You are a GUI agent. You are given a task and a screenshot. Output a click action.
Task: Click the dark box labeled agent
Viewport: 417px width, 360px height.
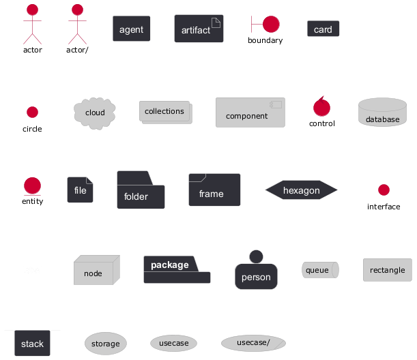pyautogui.click(x=131, y=29)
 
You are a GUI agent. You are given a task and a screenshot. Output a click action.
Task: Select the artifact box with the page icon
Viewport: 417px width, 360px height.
pyautogui.click(x=199, y=29)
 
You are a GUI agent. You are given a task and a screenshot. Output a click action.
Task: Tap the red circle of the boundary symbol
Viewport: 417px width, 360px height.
pyautogui.click(x=271, y=24)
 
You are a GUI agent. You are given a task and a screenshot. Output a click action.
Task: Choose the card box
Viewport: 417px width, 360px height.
pyautogui.click(x=323, y=29)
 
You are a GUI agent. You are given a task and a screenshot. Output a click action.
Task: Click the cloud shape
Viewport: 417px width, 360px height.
pyautogui.click(x=95, y=112)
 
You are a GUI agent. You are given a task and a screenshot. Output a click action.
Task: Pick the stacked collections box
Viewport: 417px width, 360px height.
pyautogui.click(x=165, y=112)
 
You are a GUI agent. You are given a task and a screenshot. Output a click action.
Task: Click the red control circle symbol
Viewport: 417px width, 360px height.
pyautogui.click(x=321, y=107)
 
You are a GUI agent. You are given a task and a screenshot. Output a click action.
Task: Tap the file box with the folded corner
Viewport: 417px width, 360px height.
pyautogui.click(x=80, y=190)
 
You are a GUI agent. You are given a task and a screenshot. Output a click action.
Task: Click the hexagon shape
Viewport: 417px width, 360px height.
pyautogui.click(x=301, y=191)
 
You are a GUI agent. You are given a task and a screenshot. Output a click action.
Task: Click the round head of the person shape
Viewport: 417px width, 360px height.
pyautogui.click(x=256, y=256)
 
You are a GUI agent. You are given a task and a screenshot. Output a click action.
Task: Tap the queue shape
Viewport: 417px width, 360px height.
pyautogui.click(x=319, y=270)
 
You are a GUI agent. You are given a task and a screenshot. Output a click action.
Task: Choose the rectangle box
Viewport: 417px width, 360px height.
pyautogui.click(x=387, y=270)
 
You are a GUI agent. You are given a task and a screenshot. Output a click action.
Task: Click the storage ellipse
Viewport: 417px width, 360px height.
pyautogui.click(x=105, y=344)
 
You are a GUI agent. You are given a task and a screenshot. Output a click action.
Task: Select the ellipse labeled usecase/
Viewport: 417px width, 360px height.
pyautogui.click(x=253, y=342)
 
